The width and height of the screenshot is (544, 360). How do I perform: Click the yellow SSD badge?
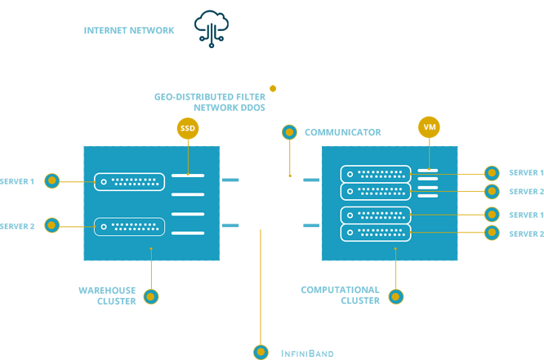click(188, 128)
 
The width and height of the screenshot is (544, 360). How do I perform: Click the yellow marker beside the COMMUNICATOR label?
click(288, 131)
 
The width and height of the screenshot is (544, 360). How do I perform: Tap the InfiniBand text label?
click(306, 353)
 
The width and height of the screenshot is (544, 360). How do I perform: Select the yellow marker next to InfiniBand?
click(260, 352)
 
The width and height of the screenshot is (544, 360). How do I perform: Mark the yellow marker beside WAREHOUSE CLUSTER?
click(150, 296)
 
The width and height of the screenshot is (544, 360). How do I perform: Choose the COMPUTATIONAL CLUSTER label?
click(340, 295)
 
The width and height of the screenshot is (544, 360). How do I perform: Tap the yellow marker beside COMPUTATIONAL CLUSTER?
click(396, 296)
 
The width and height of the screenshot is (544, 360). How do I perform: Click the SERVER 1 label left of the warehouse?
click(18, 180)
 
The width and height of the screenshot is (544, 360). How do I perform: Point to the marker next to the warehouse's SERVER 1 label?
click(51, 180)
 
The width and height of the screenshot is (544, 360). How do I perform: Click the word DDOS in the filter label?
click(252, 108)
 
